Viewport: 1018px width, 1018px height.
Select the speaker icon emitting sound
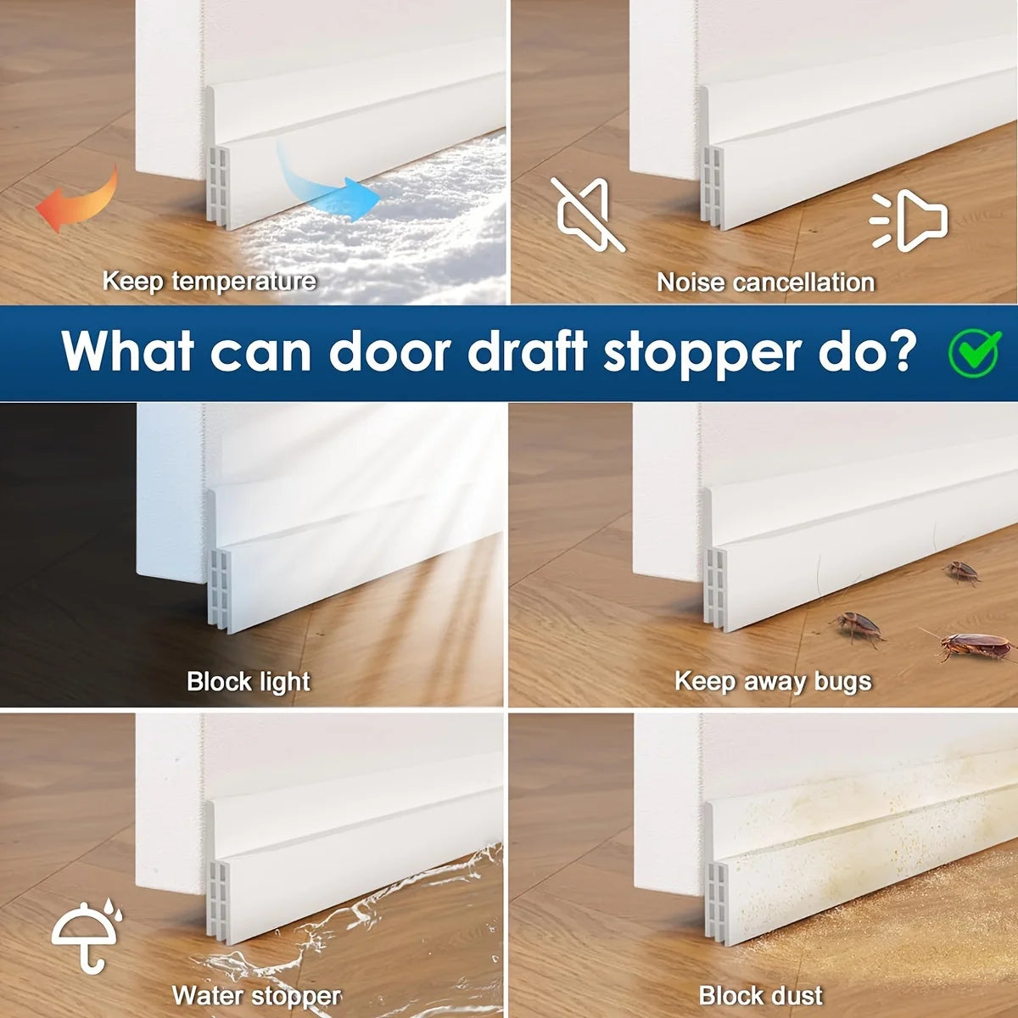click(x=910, y=220)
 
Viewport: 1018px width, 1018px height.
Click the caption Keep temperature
click(x=209, y=281)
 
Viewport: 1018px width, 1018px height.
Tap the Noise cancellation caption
click(x=765, y=282)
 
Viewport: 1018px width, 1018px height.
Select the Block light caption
click(x=249, y=681)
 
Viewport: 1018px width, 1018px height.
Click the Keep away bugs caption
click(x=773, y=681)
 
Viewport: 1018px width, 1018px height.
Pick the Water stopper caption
click(x=256, y=995)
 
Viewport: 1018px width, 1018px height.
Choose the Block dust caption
click(x=761, y=995)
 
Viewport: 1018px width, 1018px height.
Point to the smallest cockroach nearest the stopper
click(x=961, y=572)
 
